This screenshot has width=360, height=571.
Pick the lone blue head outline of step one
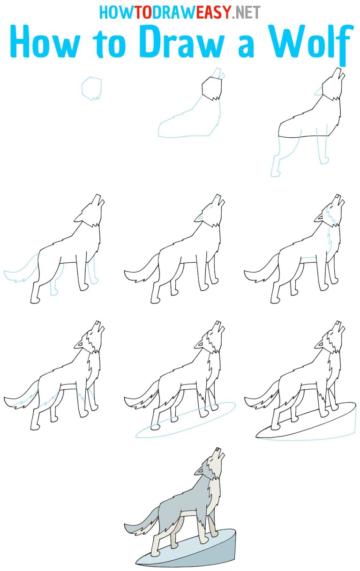coord(91,89)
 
